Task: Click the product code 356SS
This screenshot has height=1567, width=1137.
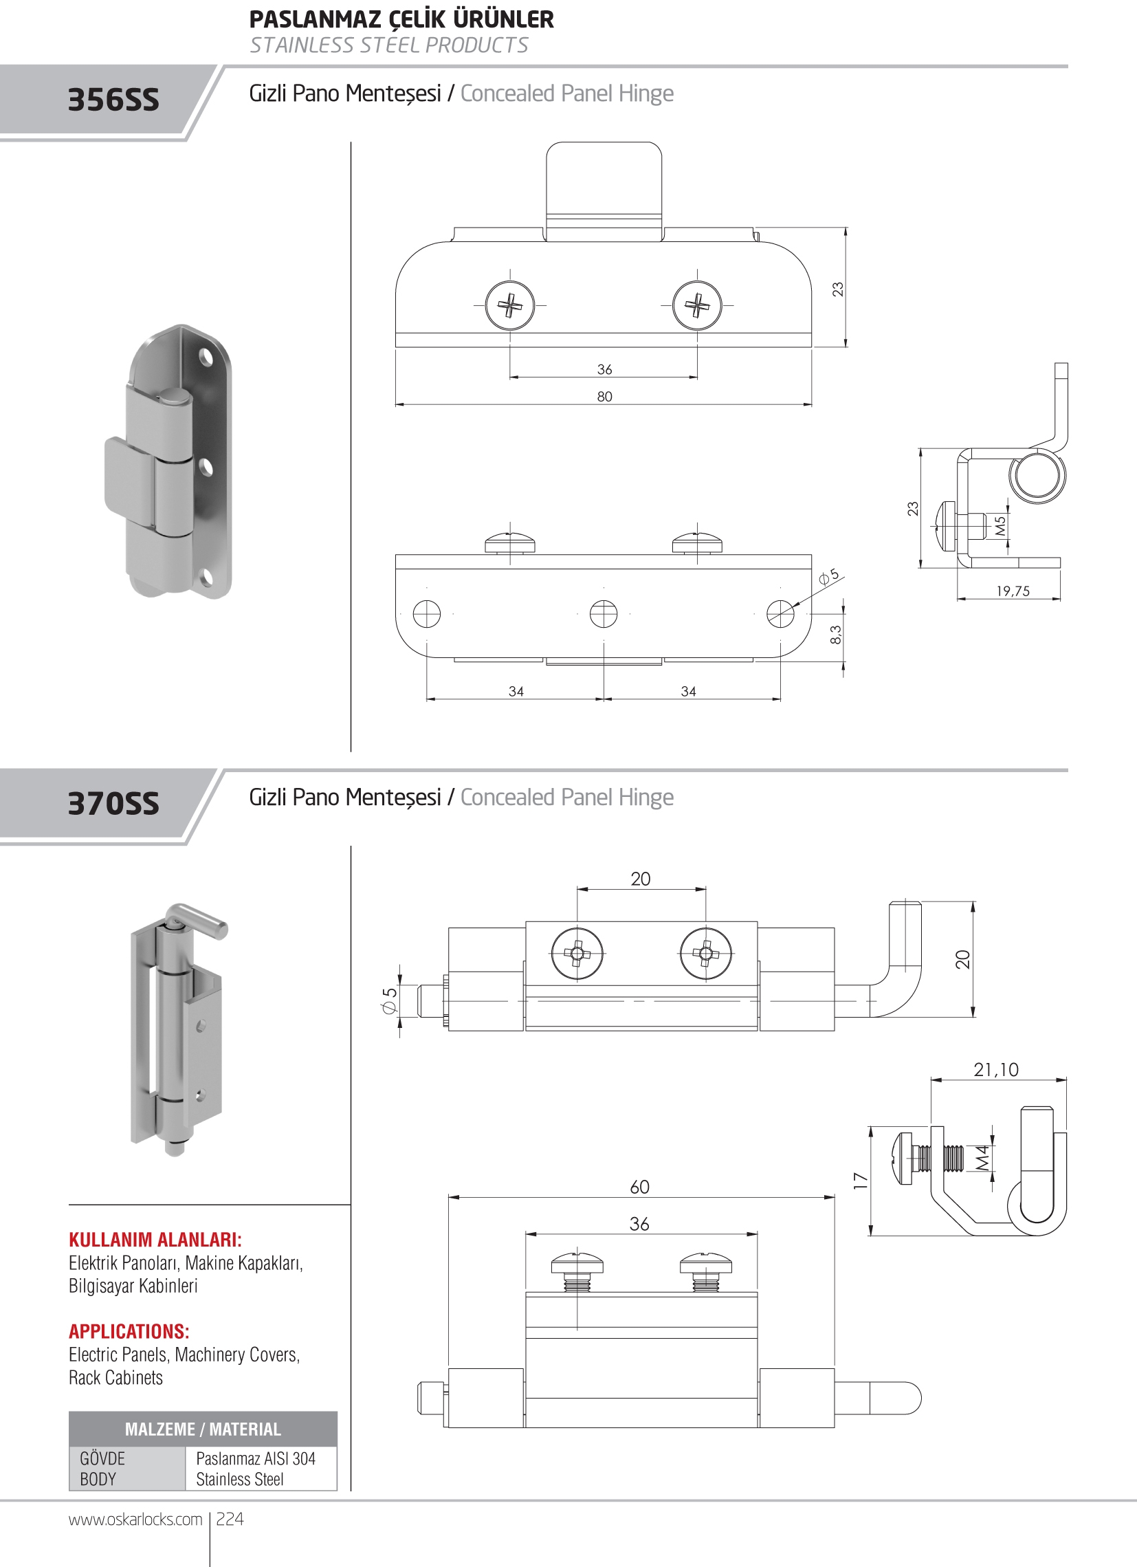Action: (x=113, y=100)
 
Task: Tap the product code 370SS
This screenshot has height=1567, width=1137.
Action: (x=113, y=804)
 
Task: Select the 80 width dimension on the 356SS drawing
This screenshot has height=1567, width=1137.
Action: (x=604, y=397)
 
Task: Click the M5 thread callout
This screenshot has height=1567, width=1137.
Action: (x=1000, y=527)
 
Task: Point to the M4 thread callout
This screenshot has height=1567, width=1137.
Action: (x=982, y=1158)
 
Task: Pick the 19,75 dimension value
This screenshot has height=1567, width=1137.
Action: (x=1013, y=591)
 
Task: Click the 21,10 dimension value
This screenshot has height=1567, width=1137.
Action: (x=996, y=1070)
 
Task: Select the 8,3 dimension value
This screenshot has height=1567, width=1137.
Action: (x=836, y=634)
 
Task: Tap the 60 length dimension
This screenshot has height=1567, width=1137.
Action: (x=640, y=1187)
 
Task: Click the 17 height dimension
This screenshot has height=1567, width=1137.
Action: (x=860, y=1180)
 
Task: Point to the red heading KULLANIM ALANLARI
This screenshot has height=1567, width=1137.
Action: (x=155, y=1240)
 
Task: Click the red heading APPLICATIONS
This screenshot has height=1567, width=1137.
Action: (x=129, y=1331)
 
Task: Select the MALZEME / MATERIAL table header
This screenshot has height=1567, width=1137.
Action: (x=203, y=1429)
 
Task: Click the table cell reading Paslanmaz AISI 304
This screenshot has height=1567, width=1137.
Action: (x=256, y=1458)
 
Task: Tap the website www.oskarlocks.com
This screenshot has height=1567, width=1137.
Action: (x=135, y=1520)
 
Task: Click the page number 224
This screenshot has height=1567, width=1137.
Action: (x=230, y=1519)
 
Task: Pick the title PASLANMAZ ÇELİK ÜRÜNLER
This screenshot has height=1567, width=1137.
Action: (x=401, y=19)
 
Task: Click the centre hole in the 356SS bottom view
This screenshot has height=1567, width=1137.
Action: (x=604, y=613)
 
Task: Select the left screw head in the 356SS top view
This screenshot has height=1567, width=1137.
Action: (x=510, y=305)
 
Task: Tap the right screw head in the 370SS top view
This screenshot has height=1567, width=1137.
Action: (x=705, y=954)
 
